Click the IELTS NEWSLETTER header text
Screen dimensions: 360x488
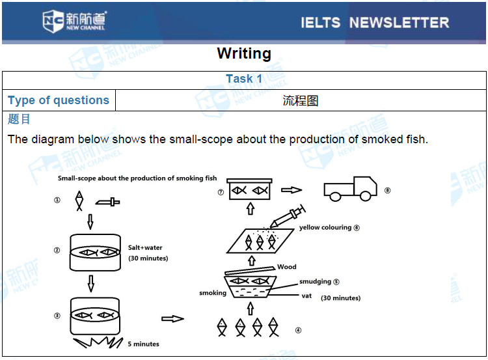pos(374,23)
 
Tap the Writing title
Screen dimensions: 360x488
pos(244,53)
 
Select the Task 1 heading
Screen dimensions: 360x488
pos(244,79)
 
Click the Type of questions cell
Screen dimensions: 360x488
pos(59,100)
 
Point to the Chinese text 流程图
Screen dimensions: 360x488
pos(300,101)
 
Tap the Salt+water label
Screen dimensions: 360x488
pos(145,248)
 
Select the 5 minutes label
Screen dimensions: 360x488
pos(143,344)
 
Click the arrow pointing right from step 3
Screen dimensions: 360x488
pos(172,318)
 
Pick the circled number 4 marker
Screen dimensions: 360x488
pos(298,330)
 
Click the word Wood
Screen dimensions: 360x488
pos(286,267)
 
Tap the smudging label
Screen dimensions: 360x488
pos(315,282)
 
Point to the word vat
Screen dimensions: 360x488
pos(306,296)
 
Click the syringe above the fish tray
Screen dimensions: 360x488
pos(288,215)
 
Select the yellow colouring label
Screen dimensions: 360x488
pos(325,228)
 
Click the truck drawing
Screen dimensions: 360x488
pos(350,188)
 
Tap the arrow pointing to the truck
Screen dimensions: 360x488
pos(291,190)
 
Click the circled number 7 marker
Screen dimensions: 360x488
pos(221,193)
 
